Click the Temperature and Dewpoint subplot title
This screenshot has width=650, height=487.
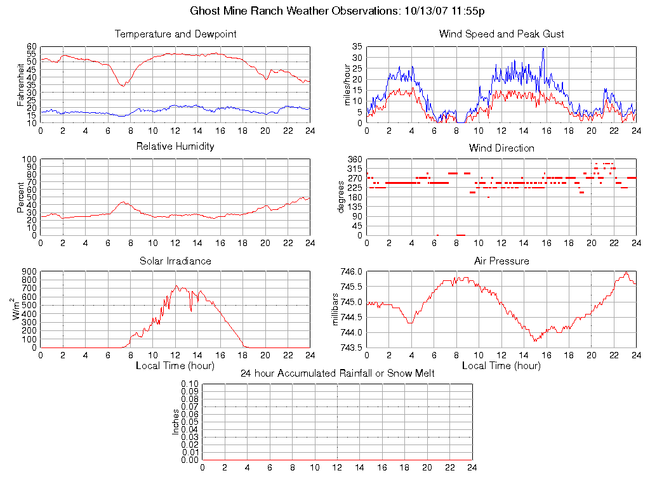click(176, 34)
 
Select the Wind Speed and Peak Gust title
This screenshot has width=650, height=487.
click(501, 34)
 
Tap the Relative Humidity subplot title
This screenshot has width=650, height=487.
click(176, 146)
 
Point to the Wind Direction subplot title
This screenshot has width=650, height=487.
click(501, 148)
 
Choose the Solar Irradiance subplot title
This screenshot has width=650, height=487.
click(176, 261)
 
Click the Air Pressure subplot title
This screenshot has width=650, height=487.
click(501, 261)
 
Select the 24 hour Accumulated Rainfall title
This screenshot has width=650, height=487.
click(338, 373)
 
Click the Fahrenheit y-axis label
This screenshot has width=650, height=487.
click(21, 84)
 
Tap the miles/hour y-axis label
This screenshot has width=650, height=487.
click(347, 84)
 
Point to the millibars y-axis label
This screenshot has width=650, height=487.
click(336, 309)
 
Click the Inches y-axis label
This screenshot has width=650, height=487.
click(176, 422)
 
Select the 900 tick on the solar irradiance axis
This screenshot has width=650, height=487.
click(30, 271)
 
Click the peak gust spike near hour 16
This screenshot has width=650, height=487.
click(543, 49)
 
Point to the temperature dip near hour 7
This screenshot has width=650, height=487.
click(122, 85)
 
